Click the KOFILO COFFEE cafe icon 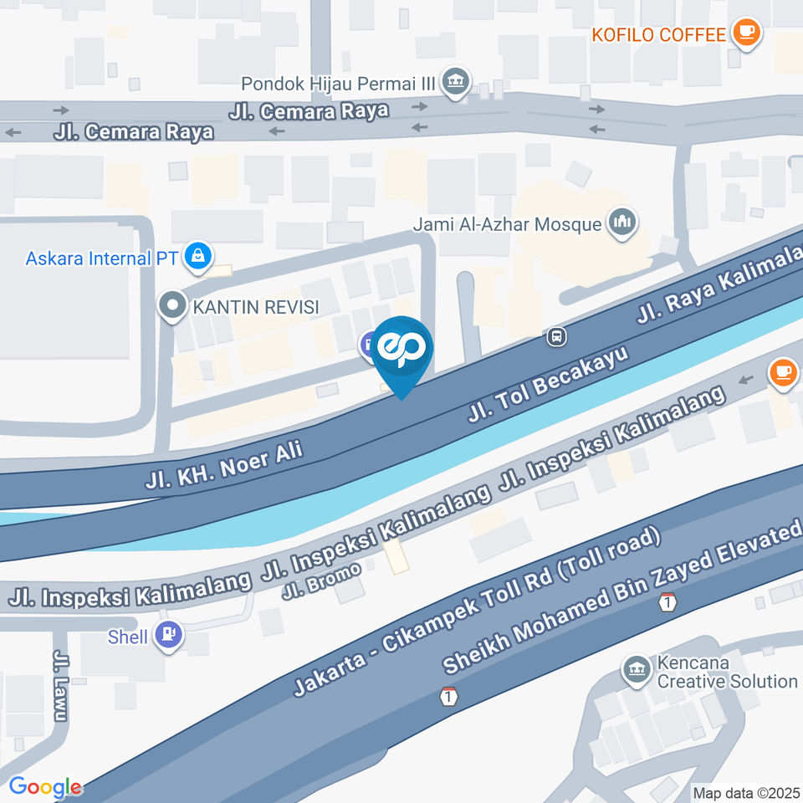point(745,33)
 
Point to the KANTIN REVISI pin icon point(173,306)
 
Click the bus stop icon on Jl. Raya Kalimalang point(555,337)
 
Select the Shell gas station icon point(173,637)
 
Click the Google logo point(44,787)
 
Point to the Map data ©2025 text point(747,791)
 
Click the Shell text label point(128,637)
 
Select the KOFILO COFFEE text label point(658,34)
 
